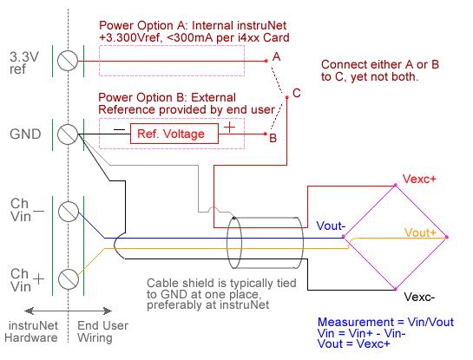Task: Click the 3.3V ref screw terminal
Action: (68, 61)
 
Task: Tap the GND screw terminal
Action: (68, 134)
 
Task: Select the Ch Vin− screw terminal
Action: (69, 212)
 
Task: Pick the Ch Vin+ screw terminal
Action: (69, 279)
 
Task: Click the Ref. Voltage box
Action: (174, 134)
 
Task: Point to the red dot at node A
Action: (266, 61)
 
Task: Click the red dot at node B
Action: (266, 134)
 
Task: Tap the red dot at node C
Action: (287, 97)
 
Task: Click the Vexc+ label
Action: (419, 179)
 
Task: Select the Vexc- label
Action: (419, 297)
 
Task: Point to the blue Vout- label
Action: (331, 226)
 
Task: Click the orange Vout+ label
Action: (420, 232)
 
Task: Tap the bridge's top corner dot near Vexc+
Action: (396, 185)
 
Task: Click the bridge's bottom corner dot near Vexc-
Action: (396, 290)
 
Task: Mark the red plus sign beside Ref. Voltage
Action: (230, 128)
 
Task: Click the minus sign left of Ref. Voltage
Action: (119, 130)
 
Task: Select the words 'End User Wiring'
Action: (102, 331)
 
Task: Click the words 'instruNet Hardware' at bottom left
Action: (31, 331)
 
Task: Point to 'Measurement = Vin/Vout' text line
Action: (385, 322)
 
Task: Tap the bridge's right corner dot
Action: (447, 237)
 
